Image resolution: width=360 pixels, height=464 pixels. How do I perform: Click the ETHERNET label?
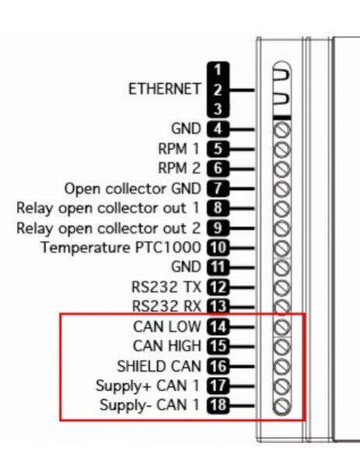164,89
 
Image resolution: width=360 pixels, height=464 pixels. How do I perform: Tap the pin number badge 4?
218,129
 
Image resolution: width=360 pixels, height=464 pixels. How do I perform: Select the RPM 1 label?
179,149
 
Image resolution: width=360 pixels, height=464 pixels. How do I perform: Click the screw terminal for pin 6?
281,169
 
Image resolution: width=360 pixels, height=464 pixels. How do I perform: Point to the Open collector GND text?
133,189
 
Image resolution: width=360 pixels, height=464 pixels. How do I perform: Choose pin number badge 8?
218,208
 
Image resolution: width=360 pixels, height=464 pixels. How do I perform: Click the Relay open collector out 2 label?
108,229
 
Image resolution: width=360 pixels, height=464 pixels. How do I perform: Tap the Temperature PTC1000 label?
121,247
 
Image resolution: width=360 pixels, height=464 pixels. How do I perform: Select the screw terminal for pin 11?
281,267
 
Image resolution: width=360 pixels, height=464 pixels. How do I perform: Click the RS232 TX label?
166,287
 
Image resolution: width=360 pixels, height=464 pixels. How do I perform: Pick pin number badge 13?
218,306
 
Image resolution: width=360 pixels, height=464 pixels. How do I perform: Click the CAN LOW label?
167,326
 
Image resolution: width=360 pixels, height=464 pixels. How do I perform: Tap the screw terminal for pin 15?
281,347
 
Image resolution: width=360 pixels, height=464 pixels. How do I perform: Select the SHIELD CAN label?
159,366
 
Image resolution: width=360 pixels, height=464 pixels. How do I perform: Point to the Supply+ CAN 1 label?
148,386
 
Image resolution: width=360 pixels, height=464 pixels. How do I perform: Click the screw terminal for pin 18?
281,406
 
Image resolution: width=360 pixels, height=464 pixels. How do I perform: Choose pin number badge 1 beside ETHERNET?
218,70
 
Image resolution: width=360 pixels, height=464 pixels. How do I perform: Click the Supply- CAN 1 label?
149,405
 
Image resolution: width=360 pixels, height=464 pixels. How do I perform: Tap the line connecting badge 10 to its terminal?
242,248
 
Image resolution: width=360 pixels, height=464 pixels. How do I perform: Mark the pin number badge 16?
218,366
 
